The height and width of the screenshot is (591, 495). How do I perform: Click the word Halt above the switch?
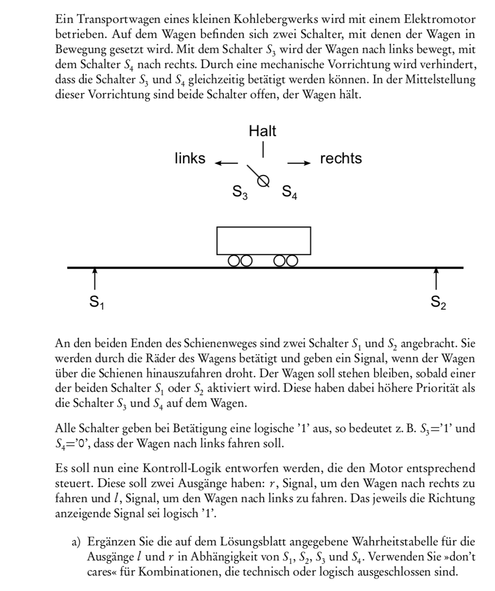pyautogui.click(x=263, y=131)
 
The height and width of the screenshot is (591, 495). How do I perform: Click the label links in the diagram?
pyautogui.click(x=190, y=158)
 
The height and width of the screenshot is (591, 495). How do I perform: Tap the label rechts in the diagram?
pyautogui.click(x=341, y=158)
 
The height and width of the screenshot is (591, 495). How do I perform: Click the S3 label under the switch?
pyautogui.click(x=239, y=193)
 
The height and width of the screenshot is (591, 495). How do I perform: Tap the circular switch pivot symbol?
pyautogui.click(x=264, y=180)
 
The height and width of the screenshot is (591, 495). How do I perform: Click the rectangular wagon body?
pyautogui.click(x=264, y=241)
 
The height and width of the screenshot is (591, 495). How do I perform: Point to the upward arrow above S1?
pyautogui.click(x=95, y=278)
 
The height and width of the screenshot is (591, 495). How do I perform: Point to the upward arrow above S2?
pyautogui.click(x=436, y=278)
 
